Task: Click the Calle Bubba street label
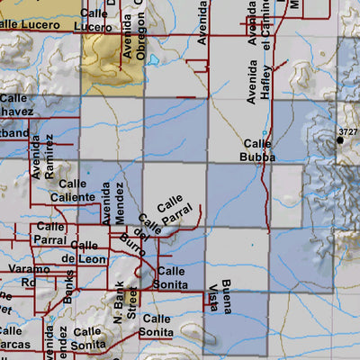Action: [x=257, y=150]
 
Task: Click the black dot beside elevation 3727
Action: [x=339, y=139]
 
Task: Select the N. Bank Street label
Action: [x=123, y=303]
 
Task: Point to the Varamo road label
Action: [x=23, y=269]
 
